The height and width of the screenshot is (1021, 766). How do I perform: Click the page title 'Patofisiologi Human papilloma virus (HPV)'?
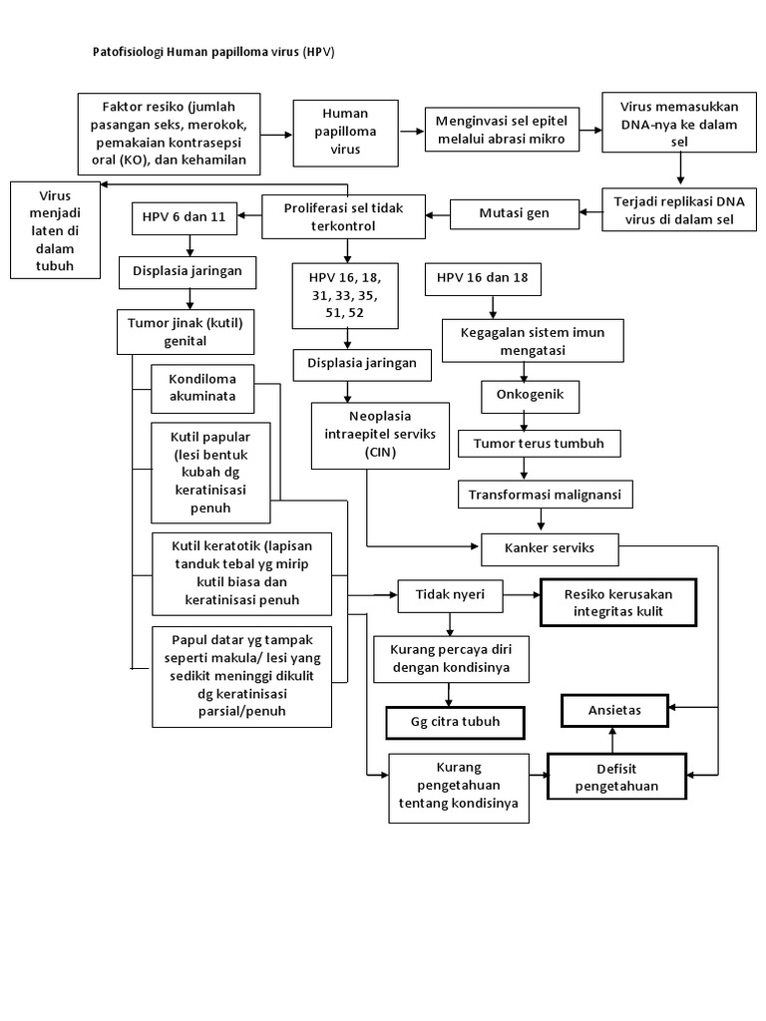(x=213, y=52)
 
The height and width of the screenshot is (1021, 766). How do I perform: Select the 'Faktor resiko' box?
(x=169, y=135)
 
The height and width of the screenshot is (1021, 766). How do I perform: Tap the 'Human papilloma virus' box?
(x=345, y=133)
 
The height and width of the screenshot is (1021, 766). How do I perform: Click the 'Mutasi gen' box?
(x=514, y=213)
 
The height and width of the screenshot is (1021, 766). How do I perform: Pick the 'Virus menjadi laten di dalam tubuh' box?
(x=56, y=230)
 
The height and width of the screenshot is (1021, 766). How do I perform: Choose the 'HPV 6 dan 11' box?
(x=185, y=218)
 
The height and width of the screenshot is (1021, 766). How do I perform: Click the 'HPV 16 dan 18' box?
(x=483, y=279)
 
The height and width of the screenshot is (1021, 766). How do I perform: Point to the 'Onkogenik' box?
(x=530, y=396)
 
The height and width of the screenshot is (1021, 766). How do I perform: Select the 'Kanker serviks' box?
(x=550, y=549)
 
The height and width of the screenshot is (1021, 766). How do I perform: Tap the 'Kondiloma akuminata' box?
(x=202, y=389)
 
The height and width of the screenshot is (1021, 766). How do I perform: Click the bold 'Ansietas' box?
(x=614, y=710)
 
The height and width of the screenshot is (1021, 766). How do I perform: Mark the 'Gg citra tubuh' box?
(x=455, y=723)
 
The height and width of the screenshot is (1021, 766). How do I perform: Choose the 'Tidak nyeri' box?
(x=450, y=595)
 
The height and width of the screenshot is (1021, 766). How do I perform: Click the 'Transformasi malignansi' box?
(x=545, y=495)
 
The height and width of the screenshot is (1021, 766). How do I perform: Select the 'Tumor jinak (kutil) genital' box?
(x=185, y=332)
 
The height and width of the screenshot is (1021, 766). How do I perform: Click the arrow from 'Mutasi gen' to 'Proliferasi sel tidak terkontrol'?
(x=438, y=214)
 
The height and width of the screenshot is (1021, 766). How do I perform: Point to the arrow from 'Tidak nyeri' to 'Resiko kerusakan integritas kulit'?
(x=523, y=595)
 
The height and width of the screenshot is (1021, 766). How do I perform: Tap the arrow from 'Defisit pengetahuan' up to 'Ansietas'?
(x=612, y=741)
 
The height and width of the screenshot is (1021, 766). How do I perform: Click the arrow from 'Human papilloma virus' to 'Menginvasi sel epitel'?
(x=412, y=132)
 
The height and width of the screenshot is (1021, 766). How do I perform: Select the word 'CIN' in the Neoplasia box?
(x=380, y=453)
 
